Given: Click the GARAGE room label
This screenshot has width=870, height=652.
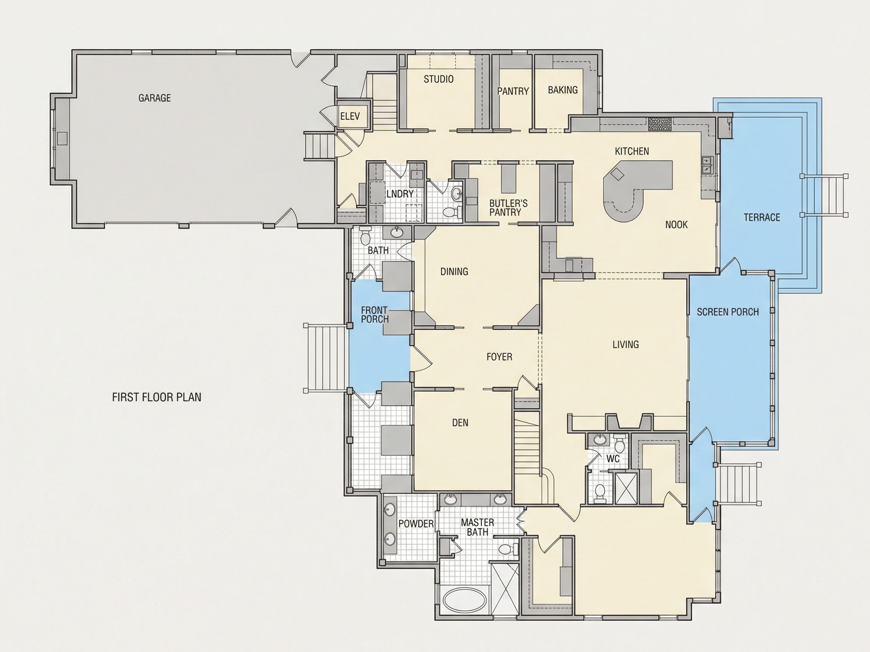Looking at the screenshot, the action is pos(154,98).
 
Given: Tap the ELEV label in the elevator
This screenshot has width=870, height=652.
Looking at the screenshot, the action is pos(350,117).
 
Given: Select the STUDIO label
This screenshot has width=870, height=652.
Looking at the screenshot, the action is pos(438,79).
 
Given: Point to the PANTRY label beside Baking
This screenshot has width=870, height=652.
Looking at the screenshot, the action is pos(513,91).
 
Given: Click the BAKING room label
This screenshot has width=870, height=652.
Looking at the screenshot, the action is pos(563,90).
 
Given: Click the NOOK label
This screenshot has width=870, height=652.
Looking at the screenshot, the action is pos(677,225).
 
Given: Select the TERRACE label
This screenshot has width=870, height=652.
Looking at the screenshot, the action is pos(762,217).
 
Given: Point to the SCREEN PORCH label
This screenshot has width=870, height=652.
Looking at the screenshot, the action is pos(728,312).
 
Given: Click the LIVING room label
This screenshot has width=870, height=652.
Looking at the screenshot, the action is pos(626,344).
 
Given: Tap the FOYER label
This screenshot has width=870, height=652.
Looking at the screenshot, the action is pos(500,357).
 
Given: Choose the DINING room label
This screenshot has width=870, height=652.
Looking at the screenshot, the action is pos(454,272).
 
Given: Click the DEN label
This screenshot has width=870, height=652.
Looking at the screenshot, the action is pos(460,423).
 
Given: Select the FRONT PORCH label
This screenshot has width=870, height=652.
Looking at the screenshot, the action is pos(375,315).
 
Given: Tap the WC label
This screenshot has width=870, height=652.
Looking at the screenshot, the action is pos(613,459).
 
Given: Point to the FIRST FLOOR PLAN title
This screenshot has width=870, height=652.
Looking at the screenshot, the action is pos(157,397).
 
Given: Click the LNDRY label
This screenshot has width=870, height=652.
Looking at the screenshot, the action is pos(400,194).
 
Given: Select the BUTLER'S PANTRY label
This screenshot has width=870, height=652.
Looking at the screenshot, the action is pos(508,208).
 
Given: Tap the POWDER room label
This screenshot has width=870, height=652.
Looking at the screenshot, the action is pos(416,524).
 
